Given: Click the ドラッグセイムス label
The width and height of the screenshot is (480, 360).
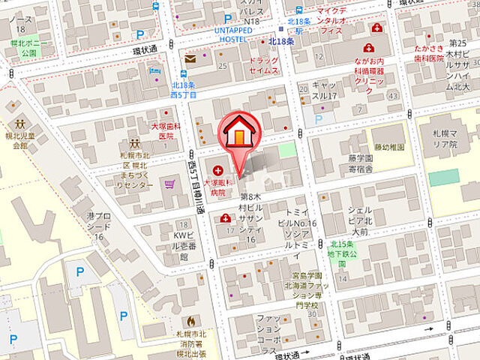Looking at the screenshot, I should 263,65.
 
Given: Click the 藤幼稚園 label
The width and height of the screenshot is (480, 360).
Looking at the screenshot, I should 388,147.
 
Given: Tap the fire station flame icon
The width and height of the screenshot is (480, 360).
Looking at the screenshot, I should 197,319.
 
